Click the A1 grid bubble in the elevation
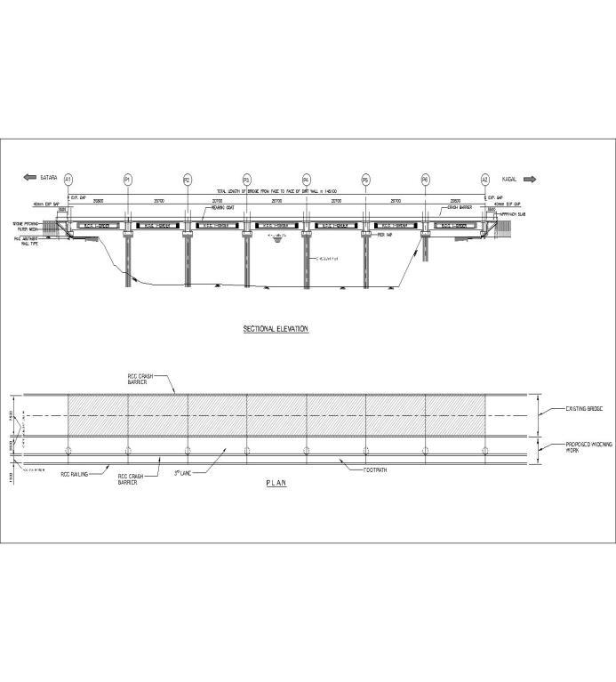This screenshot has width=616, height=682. [68, 179]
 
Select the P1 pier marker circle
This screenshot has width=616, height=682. [128, 179]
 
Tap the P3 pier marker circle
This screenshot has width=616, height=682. [247, 179]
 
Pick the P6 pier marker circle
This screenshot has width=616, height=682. [426, 179]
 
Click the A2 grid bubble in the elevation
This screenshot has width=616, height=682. [485, 179]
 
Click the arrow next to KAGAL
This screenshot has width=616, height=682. [530, 179]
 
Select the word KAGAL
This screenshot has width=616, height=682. [509, 179]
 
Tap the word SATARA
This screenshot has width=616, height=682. [49, 179]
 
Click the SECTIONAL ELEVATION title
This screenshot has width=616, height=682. [276, 329]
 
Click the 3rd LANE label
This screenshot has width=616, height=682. [184, 472]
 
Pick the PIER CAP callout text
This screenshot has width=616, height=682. [386, 236]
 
